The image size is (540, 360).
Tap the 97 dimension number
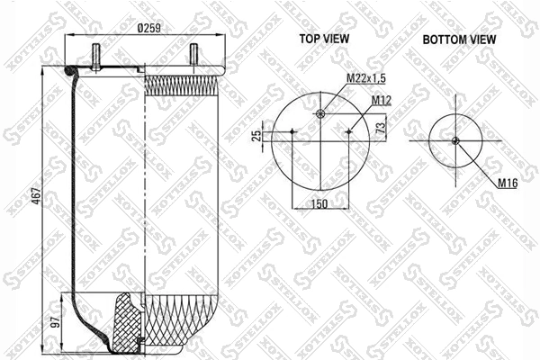(x=53, y=321)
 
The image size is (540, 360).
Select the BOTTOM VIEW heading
(x=459, y=39)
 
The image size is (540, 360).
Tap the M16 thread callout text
(x=508, y=184)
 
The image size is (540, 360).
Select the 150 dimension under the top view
(x=319, y=203)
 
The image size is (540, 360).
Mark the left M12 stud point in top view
(x=293, y=132)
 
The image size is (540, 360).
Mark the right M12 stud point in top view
(x=348, y=132)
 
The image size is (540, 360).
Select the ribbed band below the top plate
(x=180, y=86)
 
